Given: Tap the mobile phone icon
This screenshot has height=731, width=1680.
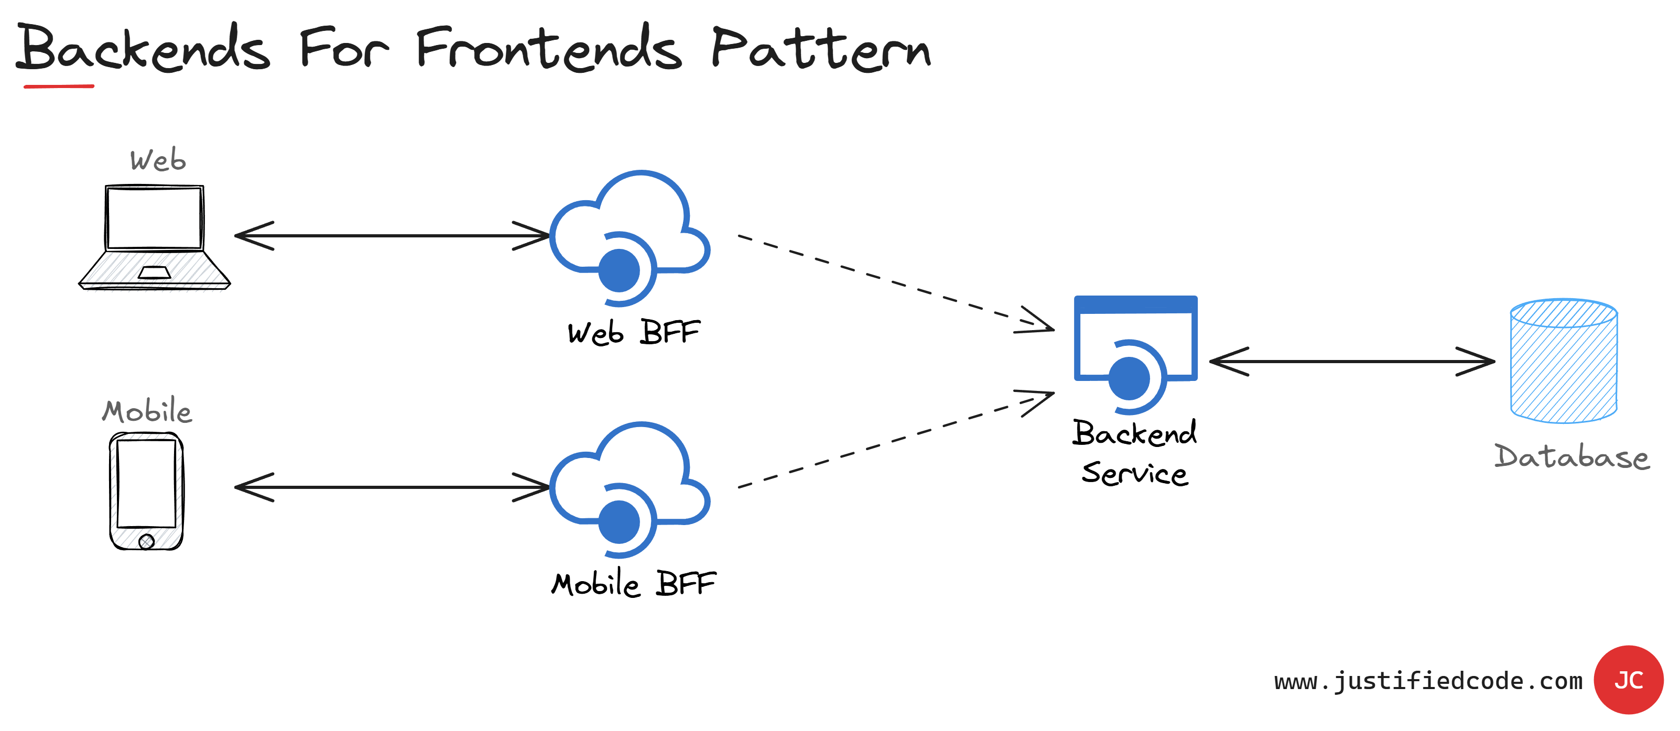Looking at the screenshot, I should (146, 491).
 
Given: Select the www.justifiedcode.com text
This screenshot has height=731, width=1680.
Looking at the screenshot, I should (1428, 681).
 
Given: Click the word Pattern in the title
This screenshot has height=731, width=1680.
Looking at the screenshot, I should (820, 49).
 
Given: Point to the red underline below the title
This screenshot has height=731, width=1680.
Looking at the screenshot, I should (59, 86).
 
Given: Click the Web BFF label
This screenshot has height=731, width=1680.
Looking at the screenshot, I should (633, 333).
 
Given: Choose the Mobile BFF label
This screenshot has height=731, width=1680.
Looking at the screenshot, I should (633, 584).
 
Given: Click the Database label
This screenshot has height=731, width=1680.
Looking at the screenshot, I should (1571, 456).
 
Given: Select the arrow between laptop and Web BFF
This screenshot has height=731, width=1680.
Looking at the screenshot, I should (392, 235).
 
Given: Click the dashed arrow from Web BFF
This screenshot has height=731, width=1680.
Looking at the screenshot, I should (894, 282).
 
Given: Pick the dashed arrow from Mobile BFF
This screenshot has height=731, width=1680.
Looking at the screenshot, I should (894, 441).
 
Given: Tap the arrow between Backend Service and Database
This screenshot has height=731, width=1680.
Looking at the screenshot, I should (1352, 361).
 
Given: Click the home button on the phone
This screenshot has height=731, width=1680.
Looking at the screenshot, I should (147, 541).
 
